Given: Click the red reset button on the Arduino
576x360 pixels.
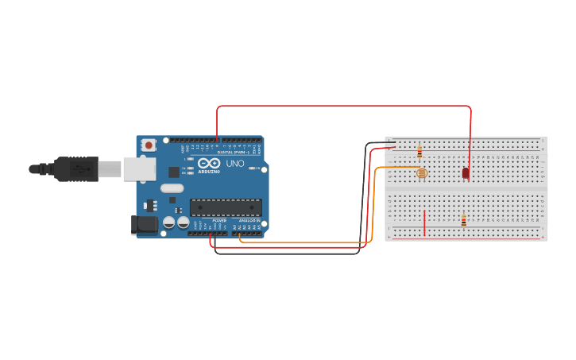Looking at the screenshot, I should point(149,145).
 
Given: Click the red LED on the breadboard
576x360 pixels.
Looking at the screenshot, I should point(466,172).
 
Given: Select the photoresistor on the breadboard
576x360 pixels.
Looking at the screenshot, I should point(421,172).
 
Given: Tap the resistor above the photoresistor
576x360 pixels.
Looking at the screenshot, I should point(419,152).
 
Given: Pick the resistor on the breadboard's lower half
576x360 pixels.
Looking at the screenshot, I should point(463,220).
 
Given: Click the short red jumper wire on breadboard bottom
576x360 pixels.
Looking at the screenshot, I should point(425,223).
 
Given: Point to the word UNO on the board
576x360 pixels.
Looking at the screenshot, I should point(235,164).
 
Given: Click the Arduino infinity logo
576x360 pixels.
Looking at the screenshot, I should point(208,165).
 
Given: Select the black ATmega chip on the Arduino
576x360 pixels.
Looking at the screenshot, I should point(226,207).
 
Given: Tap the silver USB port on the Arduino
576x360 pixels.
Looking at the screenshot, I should point(139,168).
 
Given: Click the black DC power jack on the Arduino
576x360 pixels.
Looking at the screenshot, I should point(143,224).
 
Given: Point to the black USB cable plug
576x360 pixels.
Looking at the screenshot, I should point(76,168).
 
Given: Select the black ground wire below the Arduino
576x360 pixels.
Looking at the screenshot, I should point(286,254).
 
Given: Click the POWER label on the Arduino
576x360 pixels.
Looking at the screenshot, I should point(219,220).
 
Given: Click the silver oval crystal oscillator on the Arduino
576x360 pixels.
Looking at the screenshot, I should point(171,189).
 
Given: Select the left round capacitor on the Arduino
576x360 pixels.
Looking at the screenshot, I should point(169,223).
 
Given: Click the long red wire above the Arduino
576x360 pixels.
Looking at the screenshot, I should point(342,106).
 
